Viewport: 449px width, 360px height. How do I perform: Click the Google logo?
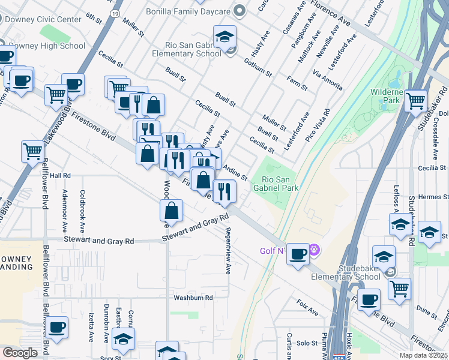(x=20, y=353)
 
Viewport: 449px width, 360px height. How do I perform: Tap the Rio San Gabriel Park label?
(x=276, y=183)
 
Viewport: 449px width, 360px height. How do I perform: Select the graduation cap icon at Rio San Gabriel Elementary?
(x=224, y=37)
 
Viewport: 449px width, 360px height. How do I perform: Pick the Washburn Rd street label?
(x=193, y=298)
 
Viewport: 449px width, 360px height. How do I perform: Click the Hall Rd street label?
(x=60, y=176)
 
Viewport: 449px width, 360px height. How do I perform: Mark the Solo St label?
(x=306, y=343)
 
